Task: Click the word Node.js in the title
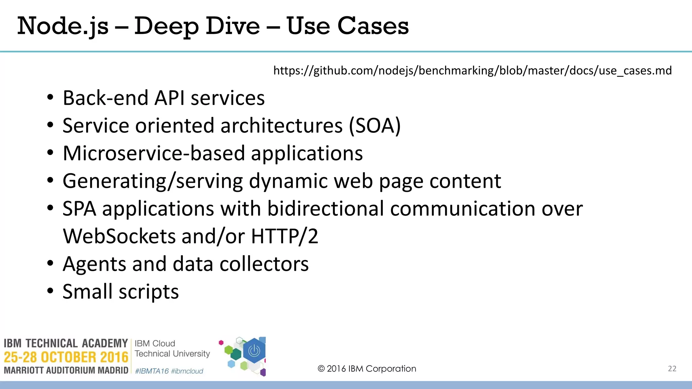[x=63, y=26]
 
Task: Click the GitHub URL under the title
[x=472, y=71]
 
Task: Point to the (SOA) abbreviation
[x=375, y=126]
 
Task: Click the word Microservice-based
[x=154, y=154]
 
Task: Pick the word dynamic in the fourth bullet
[x=288, y=181]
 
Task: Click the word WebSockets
[x=119, y=236]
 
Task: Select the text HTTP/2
[x=285, y=236]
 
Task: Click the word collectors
[x=264, y=264]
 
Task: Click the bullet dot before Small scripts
[x=50, y=291]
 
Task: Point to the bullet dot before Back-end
[x=50, y=98]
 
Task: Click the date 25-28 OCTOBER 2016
[x=66, y=357]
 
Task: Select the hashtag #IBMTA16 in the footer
[x=152, y=371]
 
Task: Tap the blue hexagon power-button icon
[x=254, y=351]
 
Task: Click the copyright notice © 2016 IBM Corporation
[x=367, y=369]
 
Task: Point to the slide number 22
[x=672, y=369]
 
